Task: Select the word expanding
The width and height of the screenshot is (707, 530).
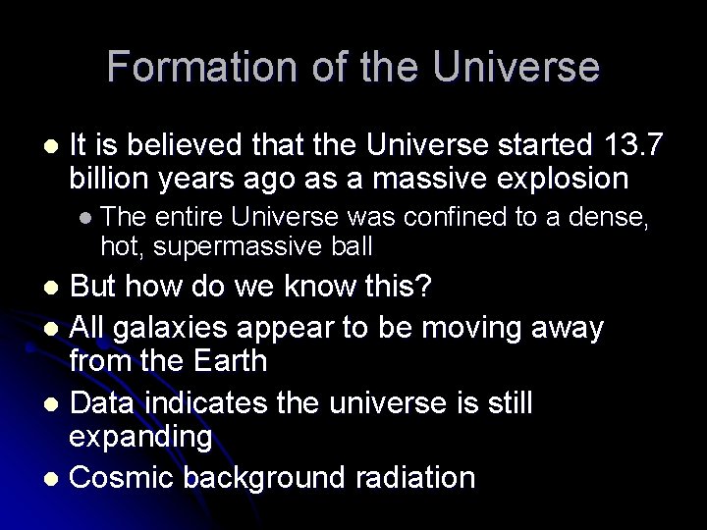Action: (140, 437)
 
